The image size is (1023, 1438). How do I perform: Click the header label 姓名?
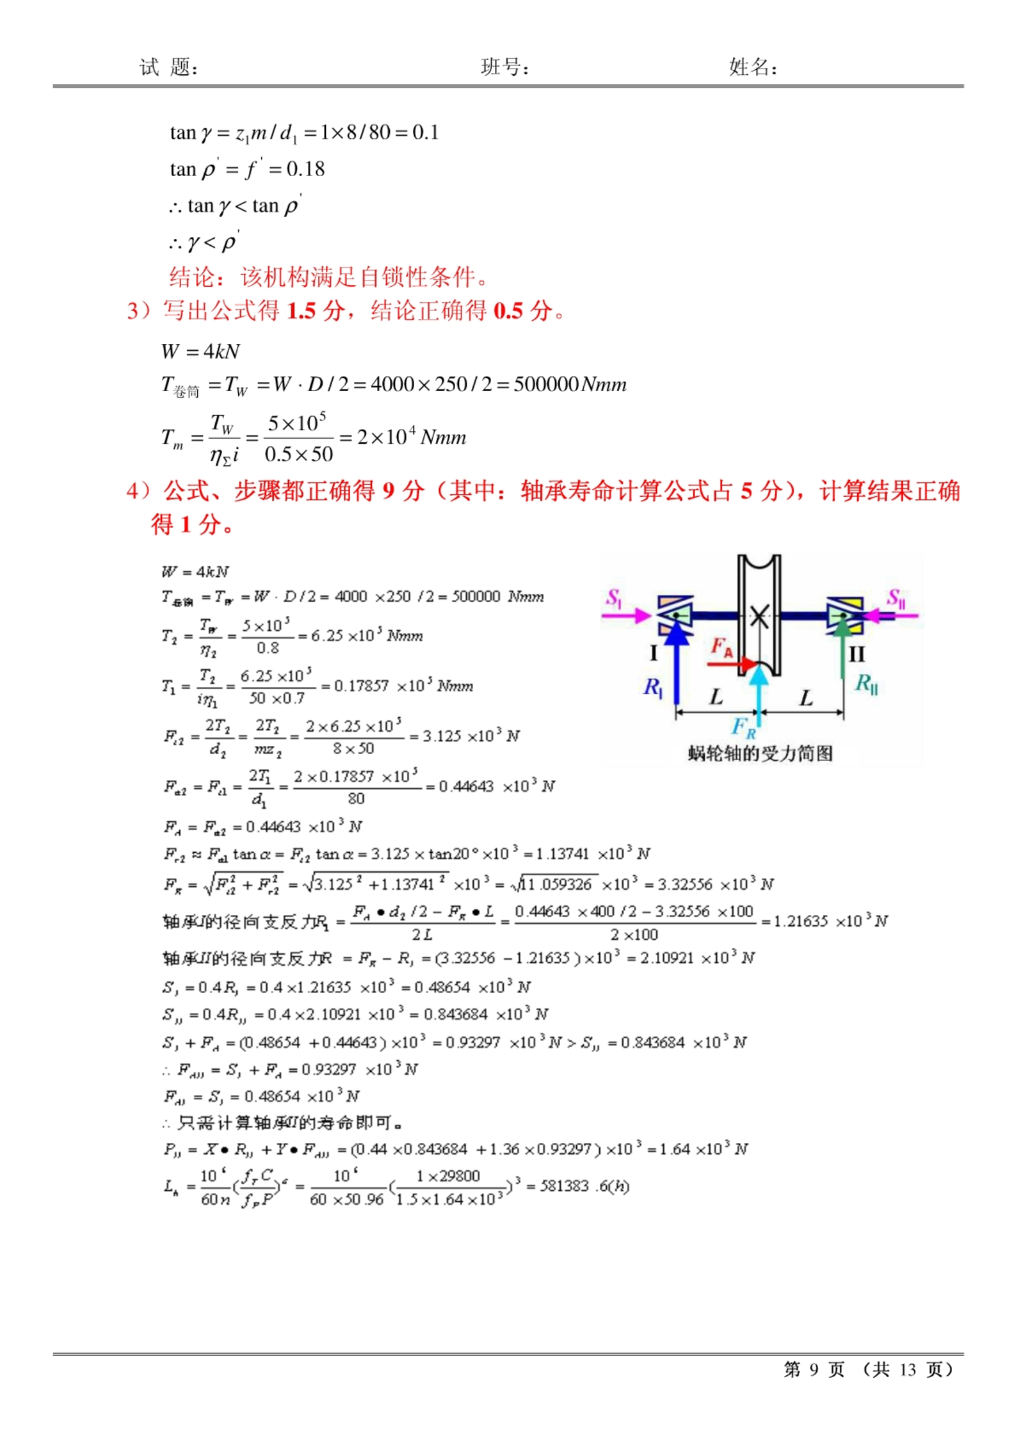point(752,67)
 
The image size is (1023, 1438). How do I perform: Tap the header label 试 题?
point(168,67)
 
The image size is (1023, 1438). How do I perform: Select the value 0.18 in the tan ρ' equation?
point(305,170)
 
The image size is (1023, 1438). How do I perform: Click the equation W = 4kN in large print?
point(200,351)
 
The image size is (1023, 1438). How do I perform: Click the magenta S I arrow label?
point(614,598)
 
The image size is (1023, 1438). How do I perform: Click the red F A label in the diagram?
point(721,647)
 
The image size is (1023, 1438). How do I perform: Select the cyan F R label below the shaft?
point(743,728)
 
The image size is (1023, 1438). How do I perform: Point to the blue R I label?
point(652,688)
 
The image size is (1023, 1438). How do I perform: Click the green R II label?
point(866,684)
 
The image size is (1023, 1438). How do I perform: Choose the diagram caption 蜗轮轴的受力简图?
point(760,754)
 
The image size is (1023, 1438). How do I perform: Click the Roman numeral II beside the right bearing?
point(857,654)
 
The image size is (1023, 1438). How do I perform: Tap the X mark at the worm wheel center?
point(759,617)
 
